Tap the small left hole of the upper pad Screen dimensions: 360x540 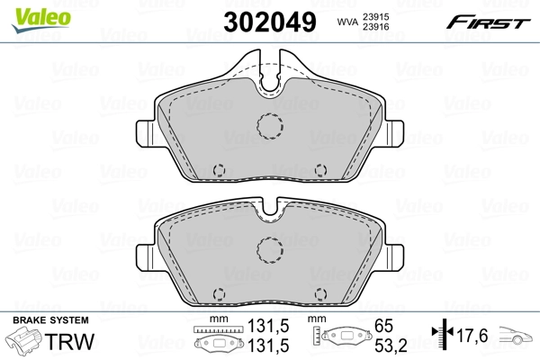click(x=218, y=168)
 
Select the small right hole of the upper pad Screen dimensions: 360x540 click(x=320, y=168)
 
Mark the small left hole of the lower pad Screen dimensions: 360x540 click(x=218, y=292)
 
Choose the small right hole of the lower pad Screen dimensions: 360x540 click(x=320, y=292)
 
